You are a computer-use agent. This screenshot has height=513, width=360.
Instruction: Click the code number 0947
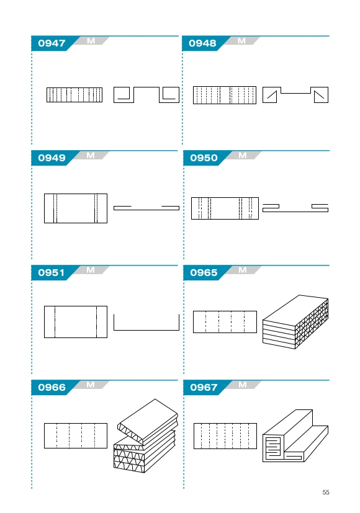(x=52, y=43)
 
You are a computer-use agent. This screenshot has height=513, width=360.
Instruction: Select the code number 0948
(x=202, y=43)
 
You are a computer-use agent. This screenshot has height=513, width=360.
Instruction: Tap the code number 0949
(x=52, y=158)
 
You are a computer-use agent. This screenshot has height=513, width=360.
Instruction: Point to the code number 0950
(x=204, y=158)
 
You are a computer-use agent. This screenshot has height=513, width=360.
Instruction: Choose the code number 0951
(x=51, y=272)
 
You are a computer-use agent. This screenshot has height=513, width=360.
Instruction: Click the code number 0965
(x=204, y=272)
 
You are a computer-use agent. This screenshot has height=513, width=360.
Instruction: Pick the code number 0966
(x=52, y=387)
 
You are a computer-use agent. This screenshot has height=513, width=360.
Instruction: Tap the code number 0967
(x=204, y=387)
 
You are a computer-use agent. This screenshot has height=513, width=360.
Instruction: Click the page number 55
(x=326, y=492)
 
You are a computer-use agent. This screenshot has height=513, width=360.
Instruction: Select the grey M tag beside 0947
(x=91, y=41)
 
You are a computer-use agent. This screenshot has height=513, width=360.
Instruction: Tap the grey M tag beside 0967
(x=243, y=385)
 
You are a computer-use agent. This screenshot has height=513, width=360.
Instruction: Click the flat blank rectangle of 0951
(x=76, y=322)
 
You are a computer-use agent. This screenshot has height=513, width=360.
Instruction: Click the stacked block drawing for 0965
(x=295, y=322)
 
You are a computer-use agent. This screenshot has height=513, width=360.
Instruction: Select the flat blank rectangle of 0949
(x=76, y=208)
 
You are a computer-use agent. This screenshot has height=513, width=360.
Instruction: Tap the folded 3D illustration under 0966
(x=146, y=436)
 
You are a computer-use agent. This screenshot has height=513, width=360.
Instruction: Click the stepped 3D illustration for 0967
(x=295, y=436)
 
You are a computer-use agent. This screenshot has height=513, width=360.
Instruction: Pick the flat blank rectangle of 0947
(x=74, y=95)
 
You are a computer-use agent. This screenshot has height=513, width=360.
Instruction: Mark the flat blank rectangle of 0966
(x=76, y=436)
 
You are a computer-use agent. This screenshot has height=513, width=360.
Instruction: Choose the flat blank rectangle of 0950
(x=225, y=208)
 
